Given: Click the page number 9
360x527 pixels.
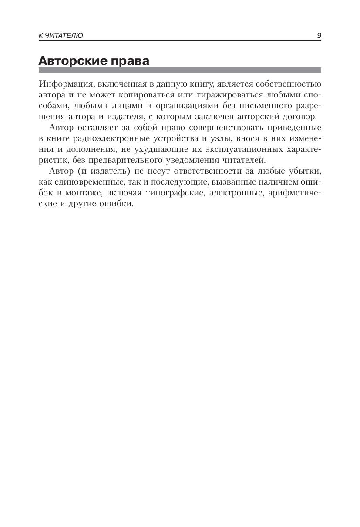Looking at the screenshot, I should [x=319, y=36].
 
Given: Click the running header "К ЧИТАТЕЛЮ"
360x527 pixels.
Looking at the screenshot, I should [x=61, y=36].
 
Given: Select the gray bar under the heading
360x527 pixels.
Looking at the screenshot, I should [x=180, y=70].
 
